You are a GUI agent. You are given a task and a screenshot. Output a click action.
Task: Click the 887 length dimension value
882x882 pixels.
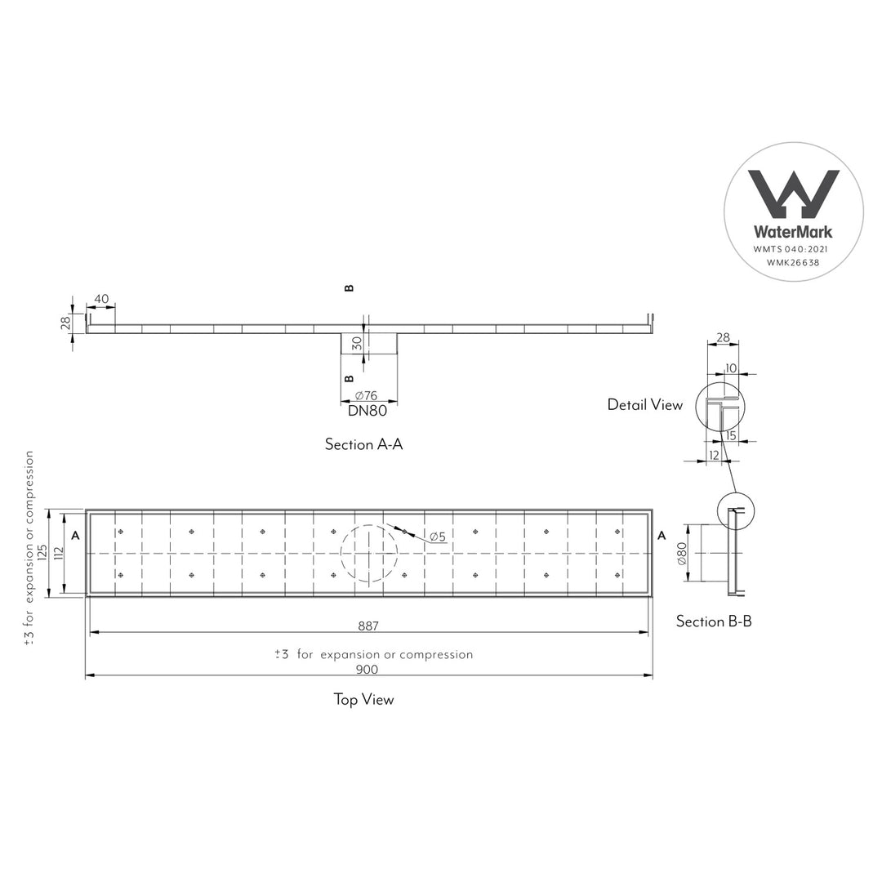[x=368, y=626]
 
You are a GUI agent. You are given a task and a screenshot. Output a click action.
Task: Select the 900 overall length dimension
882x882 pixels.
[x=367, y=670]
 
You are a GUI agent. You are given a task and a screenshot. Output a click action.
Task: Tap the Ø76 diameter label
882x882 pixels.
[x=366, y=395]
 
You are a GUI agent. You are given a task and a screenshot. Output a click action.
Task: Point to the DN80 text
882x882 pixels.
[x=367, y=411]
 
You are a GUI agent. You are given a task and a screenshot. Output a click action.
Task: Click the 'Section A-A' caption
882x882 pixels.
[x=364, y=444]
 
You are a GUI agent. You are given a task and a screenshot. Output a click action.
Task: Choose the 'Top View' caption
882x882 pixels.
[x=364, y=700]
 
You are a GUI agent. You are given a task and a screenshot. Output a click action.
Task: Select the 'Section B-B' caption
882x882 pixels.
[x=714, y=621]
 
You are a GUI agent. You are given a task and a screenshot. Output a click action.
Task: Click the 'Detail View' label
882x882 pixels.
[x=645, y=405]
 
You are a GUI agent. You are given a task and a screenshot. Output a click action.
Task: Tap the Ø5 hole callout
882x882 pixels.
[x=438, y=537]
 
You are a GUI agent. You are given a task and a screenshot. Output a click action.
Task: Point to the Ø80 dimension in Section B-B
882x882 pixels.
[x=682, y=554]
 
